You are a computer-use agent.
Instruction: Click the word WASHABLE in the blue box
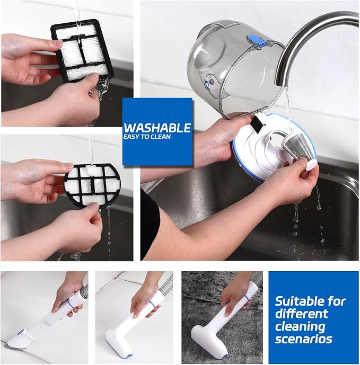click(157, 128)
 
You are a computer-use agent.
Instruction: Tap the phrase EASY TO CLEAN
click(147, 137)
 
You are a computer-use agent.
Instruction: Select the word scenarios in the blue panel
click(303, 339)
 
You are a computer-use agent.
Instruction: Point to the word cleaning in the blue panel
click(300, 326)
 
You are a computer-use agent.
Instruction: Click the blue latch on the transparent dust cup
click(257, 40)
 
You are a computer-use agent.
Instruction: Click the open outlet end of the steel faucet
click(282, 84)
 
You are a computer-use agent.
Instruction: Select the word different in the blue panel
click(301, 314)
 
